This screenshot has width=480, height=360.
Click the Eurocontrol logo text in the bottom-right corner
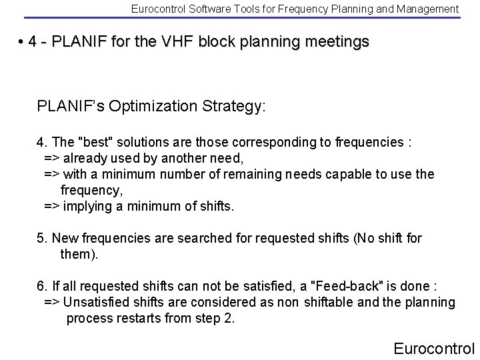pyautogui.click(x=434, y=348)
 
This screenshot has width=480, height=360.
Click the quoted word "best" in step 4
pyautogui.click(x=95, y=142)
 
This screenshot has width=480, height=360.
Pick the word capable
pyautogui.click(x=357, y=174)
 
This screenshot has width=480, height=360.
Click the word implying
pyautogui.click(x=89, y=206)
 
